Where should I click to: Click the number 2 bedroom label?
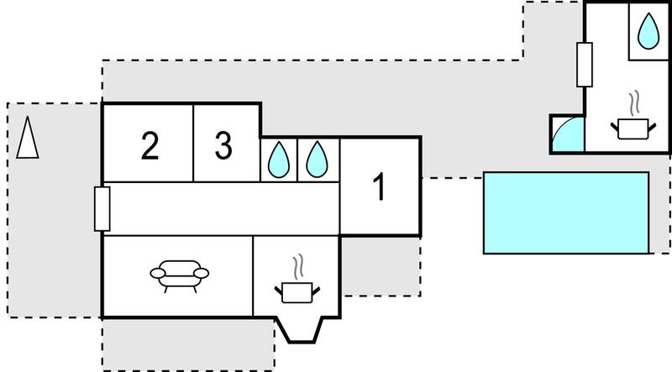point(150,146)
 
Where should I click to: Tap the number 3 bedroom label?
point(223,145)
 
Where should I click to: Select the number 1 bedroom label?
point(381,187)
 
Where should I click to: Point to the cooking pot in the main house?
point(297,292)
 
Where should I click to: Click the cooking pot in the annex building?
point(633,129)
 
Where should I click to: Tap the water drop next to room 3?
point(279,160)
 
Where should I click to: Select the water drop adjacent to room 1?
point(318,160)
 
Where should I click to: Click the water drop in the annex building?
point(648,31)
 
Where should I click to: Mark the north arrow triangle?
point(28,138)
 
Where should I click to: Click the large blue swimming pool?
point(566,213)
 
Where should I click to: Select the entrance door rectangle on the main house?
point(102,209)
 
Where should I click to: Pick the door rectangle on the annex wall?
point(585,65)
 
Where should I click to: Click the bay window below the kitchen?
point(298,330)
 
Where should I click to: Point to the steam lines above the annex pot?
point(635,102)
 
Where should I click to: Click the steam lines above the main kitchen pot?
point(299,267)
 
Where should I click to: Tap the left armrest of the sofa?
point(158,273)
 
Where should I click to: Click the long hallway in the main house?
point(222,209)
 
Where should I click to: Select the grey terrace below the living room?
point(188,345)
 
